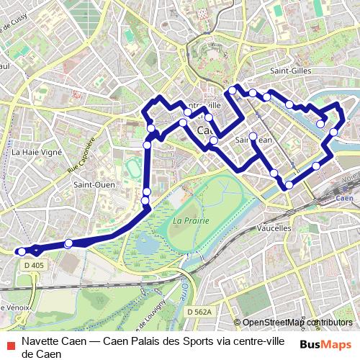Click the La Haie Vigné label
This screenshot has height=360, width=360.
pos(35,152)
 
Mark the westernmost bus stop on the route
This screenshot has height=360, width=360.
pos(22,251)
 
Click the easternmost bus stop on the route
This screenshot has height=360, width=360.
pos(334,132)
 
